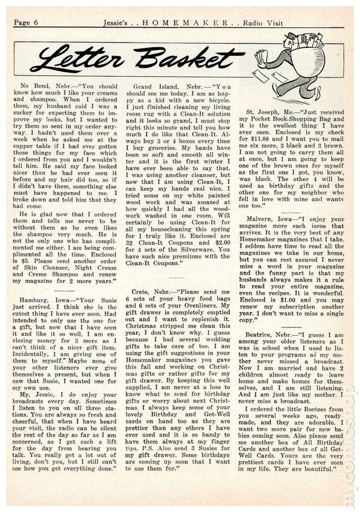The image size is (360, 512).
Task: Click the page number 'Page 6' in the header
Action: (25, 23)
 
